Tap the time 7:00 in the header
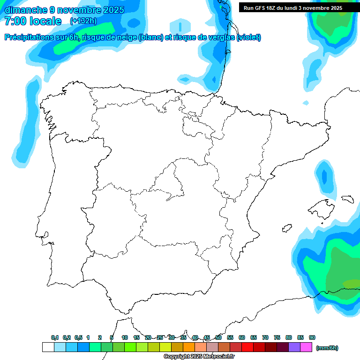15,21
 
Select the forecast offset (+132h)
83,21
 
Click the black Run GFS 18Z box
293,8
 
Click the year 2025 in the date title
113,10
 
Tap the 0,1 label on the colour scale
55,338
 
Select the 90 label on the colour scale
312,338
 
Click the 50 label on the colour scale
218,338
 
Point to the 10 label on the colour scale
125,338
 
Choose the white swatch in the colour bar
48,347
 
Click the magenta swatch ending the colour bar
306,347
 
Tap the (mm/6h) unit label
327,348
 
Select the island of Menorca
347,199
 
